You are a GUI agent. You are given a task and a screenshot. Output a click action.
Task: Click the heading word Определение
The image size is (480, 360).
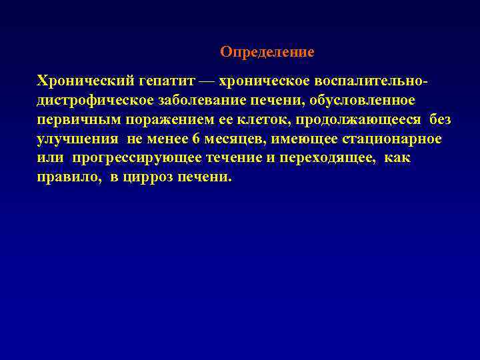click(x=267, y=52)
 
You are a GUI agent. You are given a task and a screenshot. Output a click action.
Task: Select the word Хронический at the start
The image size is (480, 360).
click(x=78, y=81)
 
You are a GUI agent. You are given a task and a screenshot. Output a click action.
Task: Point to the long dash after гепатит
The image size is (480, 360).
click(x=207, y=81)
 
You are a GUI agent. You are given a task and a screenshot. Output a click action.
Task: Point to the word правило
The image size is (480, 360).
click(x=69, y=179)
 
